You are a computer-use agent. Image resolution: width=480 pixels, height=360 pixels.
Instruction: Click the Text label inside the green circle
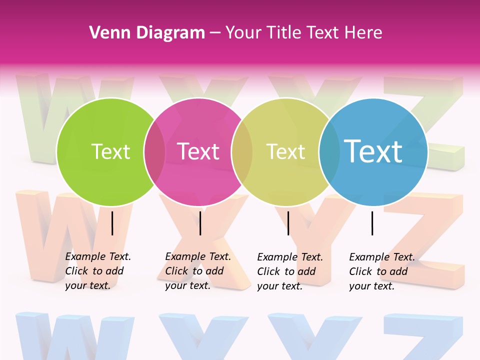pos(110,151)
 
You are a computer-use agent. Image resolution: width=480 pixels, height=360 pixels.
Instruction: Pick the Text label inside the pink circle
pos(198,151)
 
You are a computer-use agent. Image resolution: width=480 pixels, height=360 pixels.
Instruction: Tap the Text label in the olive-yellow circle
pos(286,151)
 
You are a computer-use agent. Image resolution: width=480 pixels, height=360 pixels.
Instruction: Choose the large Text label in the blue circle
pos(373,151)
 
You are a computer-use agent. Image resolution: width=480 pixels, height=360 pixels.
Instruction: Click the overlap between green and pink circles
pos(154,152)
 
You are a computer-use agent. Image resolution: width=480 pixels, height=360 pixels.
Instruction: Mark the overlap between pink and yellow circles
pos(242,152)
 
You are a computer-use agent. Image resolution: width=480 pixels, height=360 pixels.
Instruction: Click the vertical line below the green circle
pos(112,223)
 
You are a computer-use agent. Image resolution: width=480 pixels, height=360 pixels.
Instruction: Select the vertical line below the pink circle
pos(200,223)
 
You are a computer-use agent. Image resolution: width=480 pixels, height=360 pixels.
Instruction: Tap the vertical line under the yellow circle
pos(288,223)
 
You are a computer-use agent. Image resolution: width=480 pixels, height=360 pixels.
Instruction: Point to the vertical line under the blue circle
pos(372,223)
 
